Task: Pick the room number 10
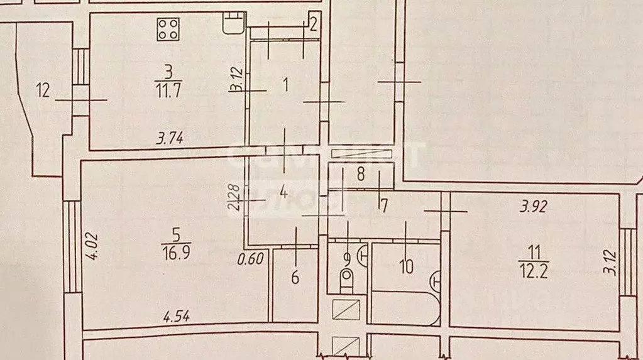[x=406, y=266]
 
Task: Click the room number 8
[x=361, y=175]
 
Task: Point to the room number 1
[x=287, y=85]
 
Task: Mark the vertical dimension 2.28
[x=234, y=197]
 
